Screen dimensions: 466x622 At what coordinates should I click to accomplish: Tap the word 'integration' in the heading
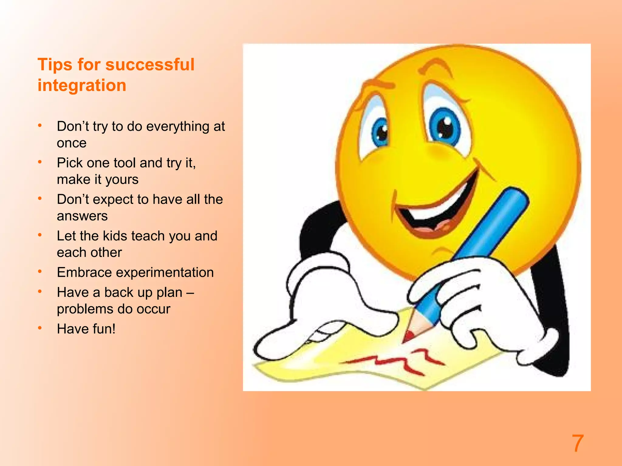(x=82, y=85)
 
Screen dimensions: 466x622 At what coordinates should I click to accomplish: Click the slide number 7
(x=577, y=443)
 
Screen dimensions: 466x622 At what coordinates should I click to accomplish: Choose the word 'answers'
(x=82, y=216)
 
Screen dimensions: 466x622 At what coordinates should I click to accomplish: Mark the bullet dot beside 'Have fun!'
(x=40, y=328)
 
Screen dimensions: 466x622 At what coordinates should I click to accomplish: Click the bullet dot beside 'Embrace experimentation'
(x=40, y=272)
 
